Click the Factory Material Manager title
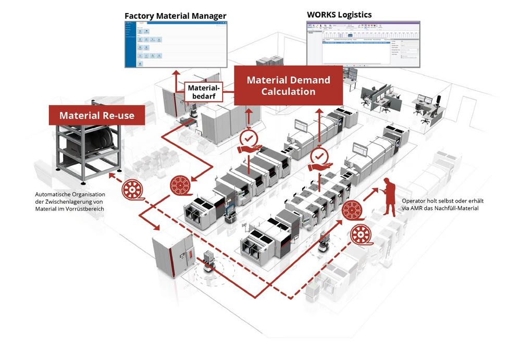[x=175, y=16]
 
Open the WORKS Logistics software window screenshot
[x=363, y=44]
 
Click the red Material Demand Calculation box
[x=288, y=85]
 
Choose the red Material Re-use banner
[x=97, y=115]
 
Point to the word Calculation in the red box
[x=288, y=91]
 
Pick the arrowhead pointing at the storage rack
[x=110, y=176]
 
